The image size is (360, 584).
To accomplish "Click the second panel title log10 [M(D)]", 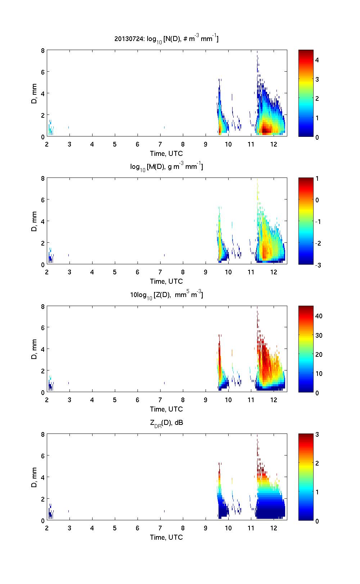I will tap(166, 167).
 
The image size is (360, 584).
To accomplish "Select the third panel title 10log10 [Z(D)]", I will tap(166, 295).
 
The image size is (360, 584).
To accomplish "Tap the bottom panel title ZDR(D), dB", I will tap(166, 423).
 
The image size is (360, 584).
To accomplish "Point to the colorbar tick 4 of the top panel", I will tap(317, 60).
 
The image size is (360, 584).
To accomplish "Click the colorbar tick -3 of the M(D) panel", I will tap(318, 265).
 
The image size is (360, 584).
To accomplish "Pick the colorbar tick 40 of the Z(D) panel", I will tap(319, 316).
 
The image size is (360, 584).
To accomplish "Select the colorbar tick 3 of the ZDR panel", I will tap(317, 435).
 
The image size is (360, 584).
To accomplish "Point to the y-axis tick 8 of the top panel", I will tap(42, 50).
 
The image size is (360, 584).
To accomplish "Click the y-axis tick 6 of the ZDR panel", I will tap(42, 456).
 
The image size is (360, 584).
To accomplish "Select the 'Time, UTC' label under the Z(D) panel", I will tap(166, 409).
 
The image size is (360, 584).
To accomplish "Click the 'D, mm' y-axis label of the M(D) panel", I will tap(35, 221).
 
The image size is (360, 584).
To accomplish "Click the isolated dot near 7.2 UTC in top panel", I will tap(165, 127).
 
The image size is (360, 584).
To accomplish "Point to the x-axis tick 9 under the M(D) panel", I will tap(206, 272).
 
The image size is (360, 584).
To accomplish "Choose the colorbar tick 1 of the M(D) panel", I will tap(317, 179).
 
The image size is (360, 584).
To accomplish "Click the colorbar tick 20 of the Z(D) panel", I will tap(319, 354).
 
